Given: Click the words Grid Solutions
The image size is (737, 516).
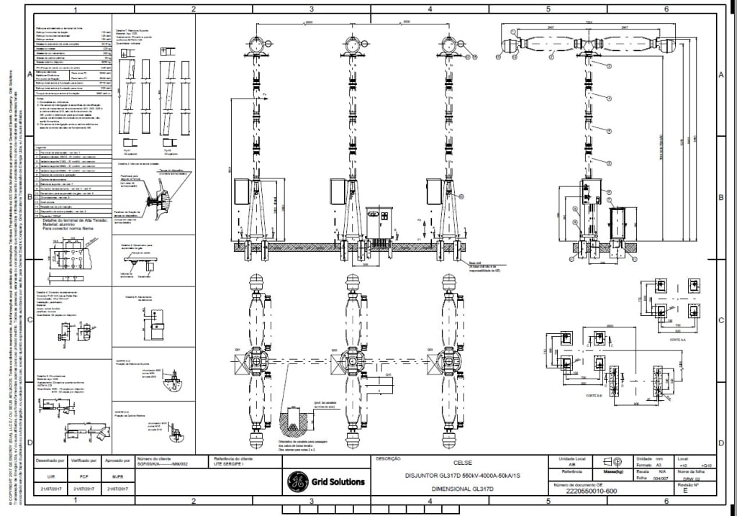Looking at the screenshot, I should [x=338, y=481].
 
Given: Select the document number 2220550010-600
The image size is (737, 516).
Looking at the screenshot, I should [x=592, y=492].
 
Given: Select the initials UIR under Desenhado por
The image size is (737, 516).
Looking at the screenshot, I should [x=51, y=476].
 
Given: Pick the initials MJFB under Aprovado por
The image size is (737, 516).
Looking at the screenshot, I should [x=118, y=476].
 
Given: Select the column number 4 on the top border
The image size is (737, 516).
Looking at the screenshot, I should [x=430, y=9].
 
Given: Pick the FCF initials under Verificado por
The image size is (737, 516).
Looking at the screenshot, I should [x=84, y=476].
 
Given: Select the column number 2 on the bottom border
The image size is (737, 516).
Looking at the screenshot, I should [x=194, y=501].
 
